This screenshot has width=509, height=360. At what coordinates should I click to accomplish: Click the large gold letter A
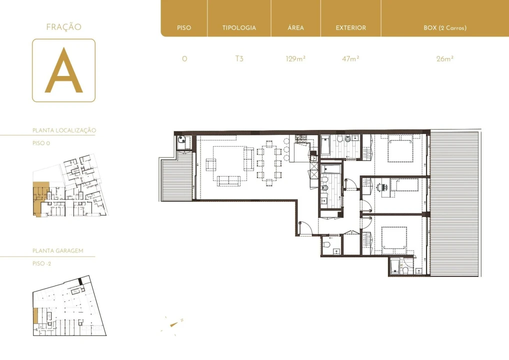pos(63,71)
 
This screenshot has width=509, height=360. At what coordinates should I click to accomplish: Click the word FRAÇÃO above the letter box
pos(63,27)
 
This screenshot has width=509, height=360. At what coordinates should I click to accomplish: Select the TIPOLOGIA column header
pos(239,28)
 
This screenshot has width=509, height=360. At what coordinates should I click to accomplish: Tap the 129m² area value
pos(295,58)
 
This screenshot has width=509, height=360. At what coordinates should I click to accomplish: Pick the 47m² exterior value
pos(350,58)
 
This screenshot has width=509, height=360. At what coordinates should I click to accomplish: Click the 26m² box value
pos(444,58)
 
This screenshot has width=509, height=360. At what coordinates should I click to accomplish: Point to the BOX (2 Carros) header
pos(444,28)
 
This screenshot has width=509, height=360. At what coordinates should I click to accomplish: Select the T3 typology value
pos(239,58)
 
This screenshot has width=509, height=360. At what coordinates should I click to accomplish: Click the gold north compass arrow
pos(173,324)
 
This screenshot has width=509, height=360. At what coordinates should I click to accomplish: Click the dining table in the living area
pos(269,163)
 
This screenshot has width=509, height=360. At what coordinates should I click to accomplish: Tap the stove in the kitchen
pos(301,138)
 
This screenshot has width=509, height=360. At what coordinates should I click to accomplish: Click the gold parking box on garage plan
pos(35,315)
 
